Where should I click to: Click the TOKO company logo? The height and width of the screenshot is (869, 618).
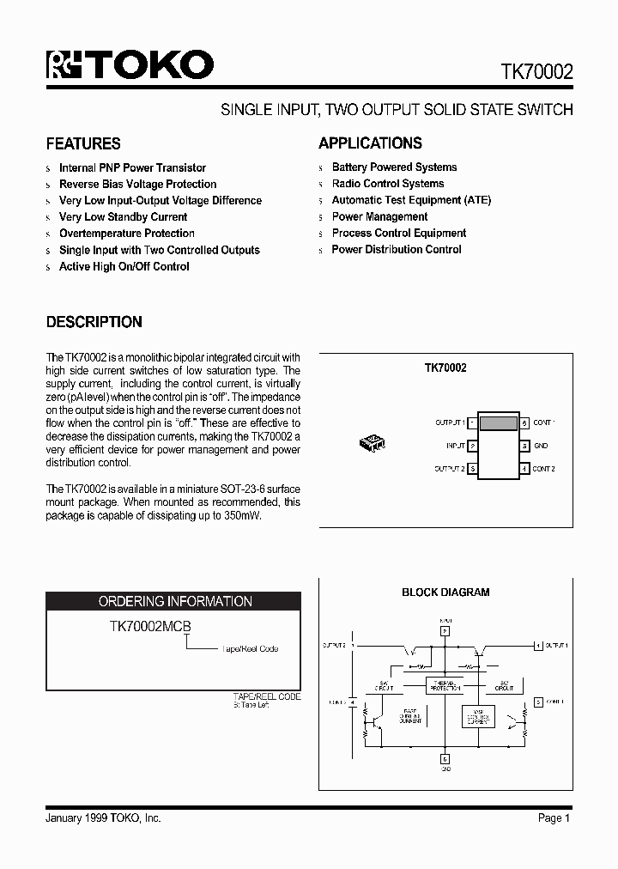[130, 65]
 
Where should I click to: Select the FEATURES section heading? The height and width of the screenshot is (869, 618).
[83, 143]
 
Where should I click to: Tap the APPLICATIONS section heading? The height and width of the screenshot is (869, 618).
[370, 143]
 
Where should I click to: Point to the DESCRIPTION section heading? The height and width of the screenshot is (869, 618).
[94, 322]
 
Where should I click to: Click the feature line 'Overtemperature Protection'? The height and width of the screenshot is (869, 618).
[126, 234]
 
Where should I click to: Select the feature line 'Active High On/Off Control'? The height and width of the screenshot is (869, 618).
[124, 267]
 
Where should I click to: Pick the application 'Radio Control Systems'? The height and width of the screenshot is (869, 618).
[388, 184]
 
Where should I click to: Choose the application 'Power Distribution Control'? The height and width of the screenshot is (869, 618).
[397, 250]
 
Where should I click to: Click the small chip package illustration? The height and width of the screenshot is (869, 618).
[372, 443]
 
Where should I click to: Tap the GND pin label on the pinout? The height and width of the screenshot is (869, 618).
[540, 446]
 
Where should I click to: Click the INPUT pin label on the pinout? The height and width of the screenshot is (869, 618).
[455, 446]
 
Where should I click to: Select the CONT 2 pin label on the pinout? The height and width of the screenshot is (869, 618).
[543, 469]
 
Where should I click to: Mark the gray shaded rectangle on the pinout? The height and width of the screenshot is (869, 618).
[498, 422]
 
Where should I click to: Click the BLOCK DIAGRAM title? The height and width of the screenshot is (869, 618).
[445, 592]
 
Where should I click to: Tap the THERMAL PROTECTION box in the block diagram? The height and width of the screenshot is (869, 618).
[445, 685]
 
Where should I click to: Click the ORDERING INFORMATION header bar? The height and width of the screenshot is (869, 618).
[174, 601]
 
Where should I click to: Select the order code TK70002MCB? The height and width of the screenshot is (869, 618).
[149, 628]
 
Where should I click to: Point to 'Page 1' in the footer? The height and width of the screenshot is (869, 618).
[554, 818]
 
